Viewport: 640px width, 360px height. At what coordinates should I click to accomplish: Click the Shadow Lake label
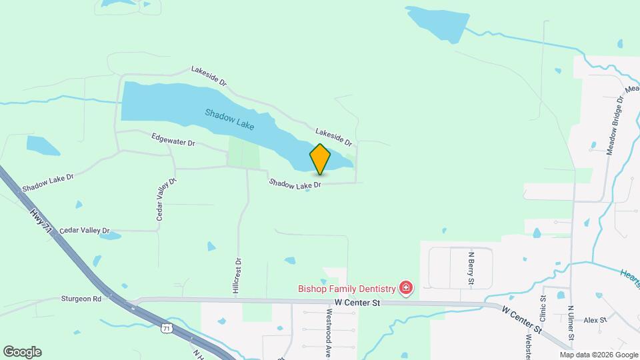point(230,118)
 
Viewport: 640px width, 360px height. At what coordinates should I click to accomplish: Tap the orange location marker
point(320,159)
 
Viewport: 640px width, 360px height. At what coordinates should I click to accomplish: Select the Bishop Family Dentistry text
point(347,289)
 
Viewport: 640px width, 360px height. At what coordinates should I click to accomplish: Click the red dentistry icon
point(405,289)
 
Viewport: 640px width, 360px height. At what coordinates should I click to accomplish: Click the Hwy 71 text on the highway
point(40,220)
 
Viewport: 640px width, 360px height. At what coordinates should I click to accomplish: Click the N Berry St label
point(471,267)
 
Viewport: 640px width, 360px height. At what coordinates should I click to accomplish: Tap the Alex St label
point(593,320)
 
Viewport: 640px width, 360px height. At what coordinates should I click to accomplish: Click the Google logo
point(22,352)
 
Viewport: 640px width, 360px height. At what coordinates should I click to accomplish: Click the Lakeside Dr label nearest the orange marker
point(333,136)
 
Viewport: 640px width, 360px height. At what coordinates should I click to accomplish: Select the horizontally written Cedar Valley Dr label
point(84,230)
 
